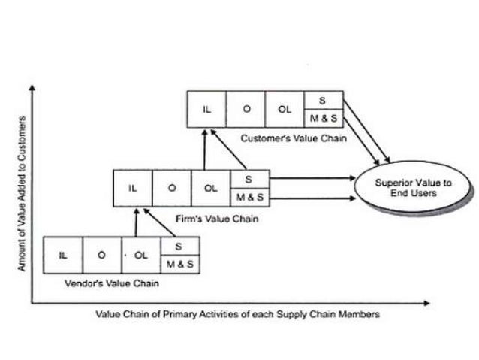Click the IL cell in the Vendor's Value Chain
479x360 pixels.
click(x=63, y=255)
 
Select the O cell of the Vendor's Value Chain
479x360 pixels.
click(x=101, y=255)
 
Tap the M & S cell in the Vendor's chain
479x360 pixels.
click(x=179, y=264)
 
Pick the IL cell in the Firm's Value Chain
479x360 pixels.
click(x=132, y=188)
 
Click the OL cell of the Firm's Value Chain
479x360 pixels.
click(x=210, y=188)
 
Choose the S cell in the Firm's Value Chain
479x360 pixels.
click(x=249, y=179)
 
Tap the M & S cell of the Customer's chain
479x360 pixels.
click(x=324, y=119)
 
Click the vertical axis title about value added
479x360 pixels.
click(x=22, y=194)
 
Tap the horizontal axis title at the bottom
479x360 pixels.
click(x=237, y=314)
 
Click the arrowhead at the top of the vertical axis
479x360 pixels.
click(x=33, y=88)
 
